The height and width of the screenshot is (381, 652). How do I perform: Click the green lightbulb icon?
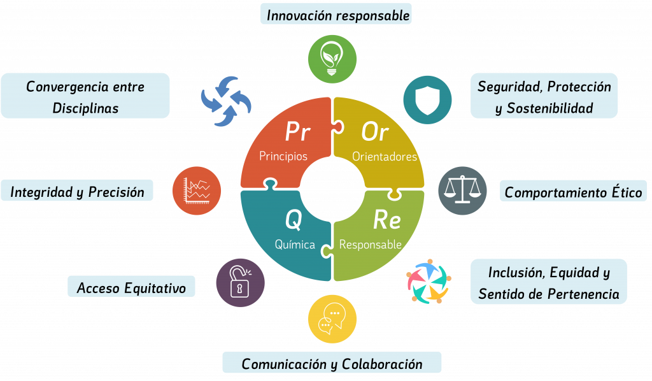(331, 58)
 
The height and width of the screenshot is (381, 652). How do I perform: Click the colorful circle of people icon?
(429, 281)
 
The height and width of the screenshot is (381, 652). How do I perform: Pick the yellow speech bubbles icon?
(332, 319)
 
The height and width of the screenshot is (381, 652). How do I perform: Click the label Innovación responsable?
(337, 15)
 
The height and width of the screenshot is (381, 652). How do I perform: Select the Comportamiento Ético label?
(573, 192)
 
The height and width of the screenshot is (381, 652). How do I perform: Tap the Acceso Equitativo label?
(131, 288)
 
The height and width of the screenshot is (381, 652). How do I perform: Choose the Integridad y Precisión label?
(77, 191)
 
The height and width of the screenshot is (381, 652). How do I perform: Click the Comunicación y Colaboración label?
(332, 364)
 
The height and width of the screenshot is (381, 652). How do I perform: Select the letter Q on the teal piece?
(293, 220)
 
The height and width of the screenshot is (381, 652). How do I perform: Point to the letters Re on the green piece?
(386, 220)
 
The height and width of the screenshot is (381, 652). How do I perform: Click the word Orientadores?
(385, 157)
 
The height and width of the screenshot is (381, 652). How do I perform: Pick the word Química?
(295, 244)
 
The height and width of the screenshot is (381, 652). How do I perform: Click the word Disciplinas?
(85, 108)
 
